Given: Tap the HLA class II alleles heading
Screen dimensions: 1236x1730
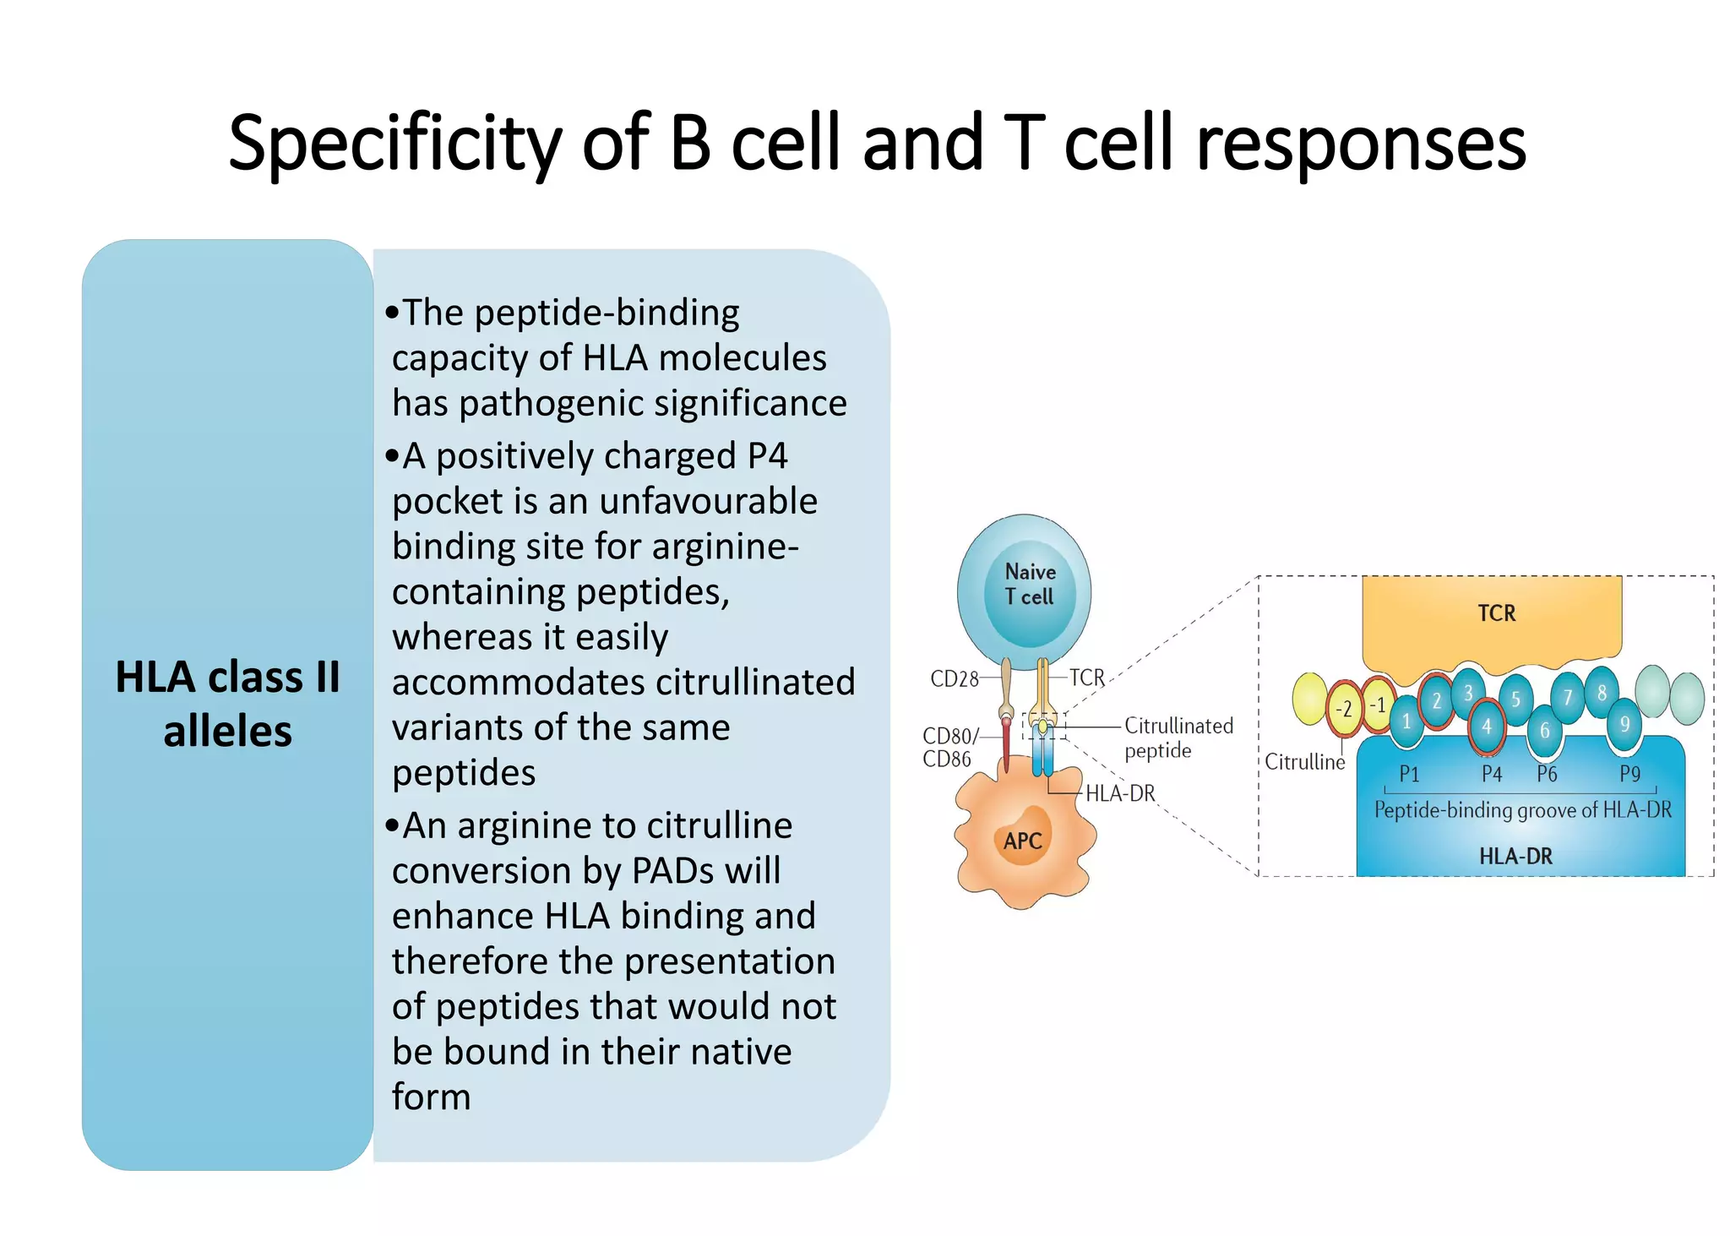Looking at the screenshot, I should (x=227, y=704).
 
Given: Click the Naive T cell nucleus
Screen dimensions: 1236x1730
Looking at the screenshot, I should (x=1030, y=585).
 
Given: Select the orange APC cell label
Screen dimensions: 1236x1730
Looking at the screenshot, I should (x=1023, y=841).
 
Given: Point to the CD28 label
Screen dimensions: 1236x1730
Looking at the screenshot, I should (x=954, y=679).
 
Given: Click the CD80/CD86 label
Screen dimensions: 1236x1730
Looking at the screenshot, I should (x=948, y=748).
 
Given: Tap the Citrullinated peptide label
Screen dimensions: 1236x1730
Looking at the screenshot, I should (x=1178, y=738).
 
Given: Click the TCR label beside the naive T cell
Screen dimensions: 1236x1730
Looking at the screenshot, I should (x=1086, y=678).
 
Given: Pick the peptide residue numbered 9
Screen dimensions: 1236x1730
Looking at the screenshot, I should (x=1624, y=725).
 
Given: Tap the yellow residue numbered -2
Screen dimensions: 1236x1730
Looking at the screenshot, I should (x=1343, y=708).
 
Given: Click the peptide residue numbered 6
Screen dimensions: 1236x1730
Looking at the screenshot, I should (x=1544, y=730).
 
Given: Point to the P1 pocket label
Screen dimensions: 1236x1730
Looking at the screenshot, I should (x=1409, y=774).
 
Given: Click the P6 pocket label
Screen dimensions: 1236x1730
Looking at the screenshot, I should (x=1546, y=774).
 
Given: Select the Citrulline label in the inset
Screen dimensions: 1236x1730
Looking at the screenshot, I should (x=1304, y=762).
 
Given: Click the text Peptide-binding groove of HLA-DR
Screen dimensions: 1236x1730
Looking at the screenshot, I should (x=1522, y=810).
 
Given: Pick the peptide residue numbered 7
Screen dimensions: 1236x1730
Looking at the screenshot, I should (x=1567, y=698).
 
